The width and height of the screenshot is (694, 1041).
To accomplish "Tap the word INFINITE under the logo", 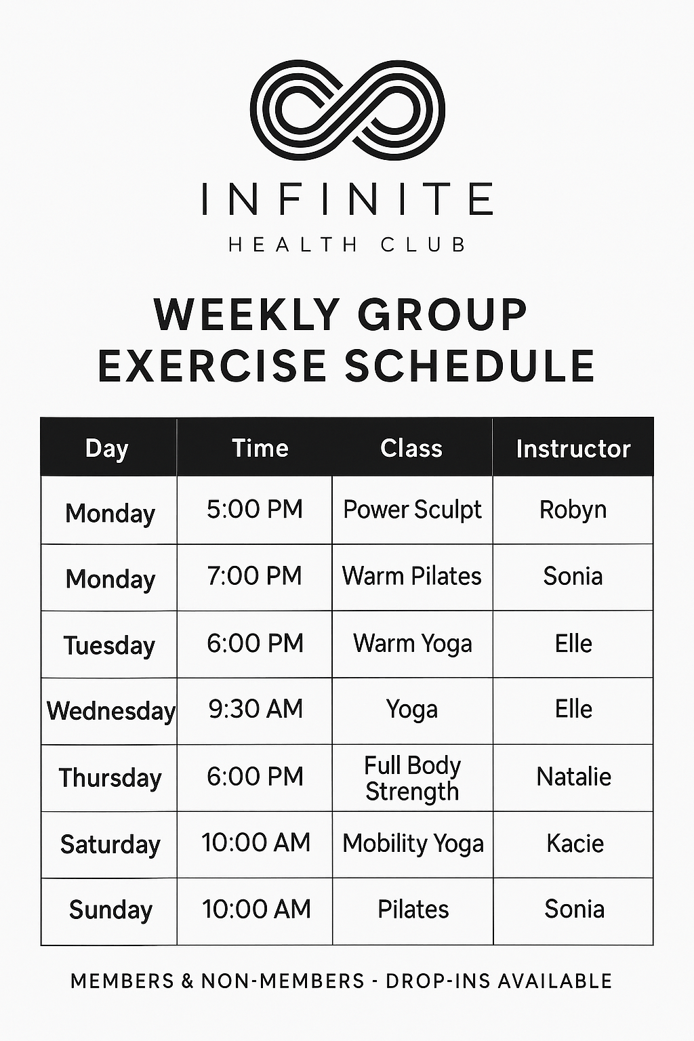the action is (x=348, y=199).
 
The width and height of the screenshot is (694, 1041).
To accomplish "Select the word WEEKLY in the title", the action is (x=247, y=315).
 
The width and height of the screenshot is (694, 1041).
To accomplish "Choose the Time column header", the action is (x=260, y=448).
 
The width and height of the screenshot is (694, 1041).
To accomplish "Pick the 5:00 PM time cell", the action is (x=255, y=509).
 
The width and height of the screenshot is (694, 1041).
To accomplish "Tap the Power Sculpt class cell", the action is (x=412, y=510).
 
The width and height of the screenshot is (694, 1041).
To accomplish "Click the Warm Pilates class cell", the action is (x=412, y=576).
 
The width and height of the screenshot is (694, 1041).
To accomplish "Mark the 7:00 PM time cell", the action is (x=255, y=576).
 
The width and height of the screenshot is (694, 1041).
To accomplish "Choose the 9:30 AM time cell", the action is (x=256, y=709).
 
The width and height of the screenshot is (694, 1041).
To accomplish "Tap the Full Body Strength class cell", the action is (x=412, y=779).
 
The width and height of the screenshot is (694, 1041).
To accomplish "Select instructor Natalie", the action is (x=574, y=777).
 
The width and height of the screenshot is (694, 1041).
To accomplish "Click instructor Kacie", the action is (x=575, y=843).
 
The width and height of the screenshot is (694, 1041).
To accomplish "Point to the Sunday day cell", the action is (x=110, y=910).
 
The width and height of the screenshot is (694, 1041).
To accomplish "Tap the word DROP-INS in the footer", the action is (x=437, y=981).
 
